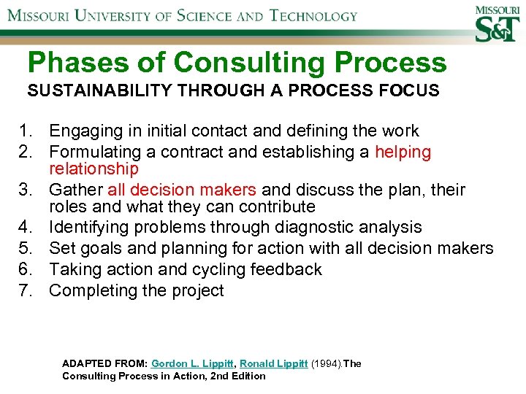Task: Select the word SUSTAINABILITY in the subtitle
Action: pyautogui.click(x=88, y=91)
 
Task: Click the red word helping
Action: pyautogui.click(x=403, y=152)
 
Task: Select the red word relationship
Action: pyautogui.click(x=94, y=169)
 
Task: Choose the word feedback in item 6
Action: pyautogui.click(x=286, y=269)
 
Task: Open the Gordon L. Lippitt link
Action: pyautogui.click(x=193, y=363)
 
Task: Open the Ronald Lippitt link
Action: pyautogui.click(x=273, y=363)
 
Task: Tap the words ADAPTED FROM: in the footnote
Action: pyautogui.click(x=105, y=363)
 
